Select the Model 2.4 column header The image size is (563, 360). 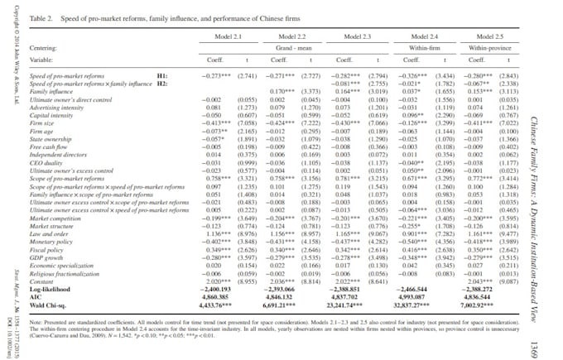(x=421, y=37)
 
